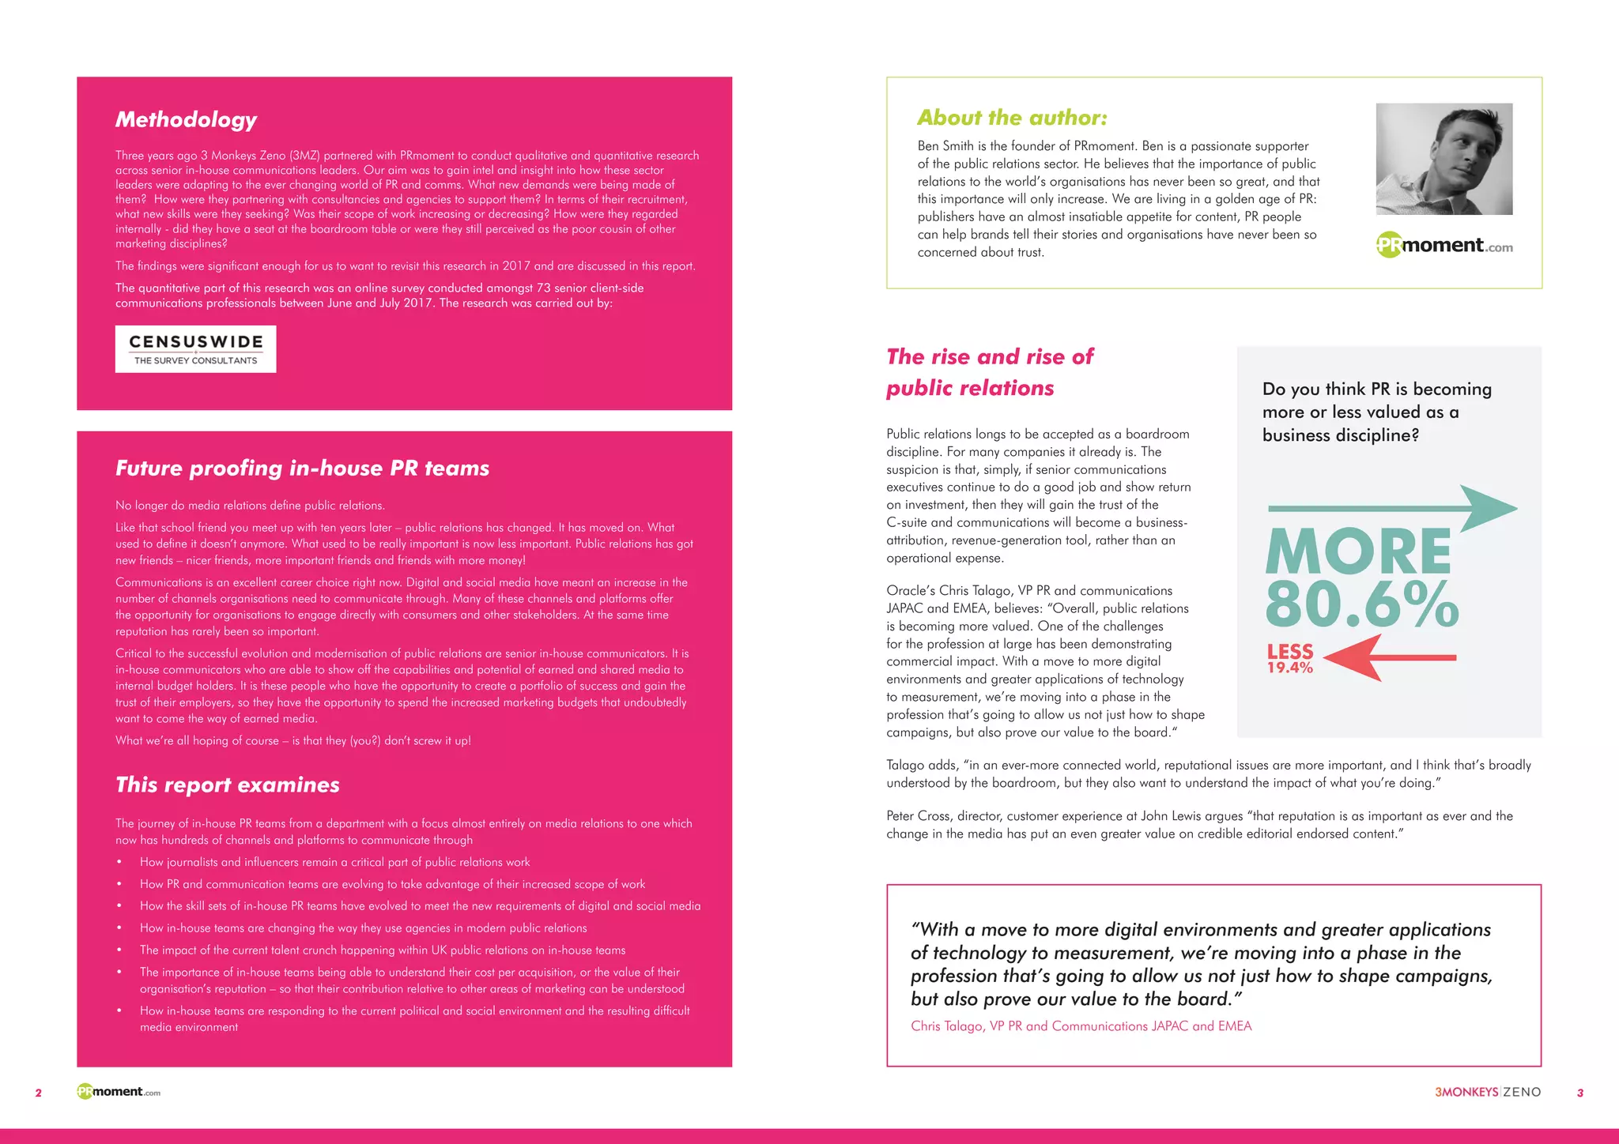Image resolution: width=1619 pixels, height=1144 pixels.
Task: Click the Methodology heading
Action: [186, 119]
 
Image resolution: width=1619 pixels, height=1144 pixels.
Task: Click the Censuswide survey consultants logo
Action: [195, 349]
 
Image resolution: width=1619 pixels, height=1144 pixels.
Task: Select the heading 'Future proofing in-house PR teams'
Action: [302, 469]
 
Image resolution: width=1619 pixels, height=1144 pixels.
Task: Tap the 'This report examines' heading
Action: [227, 785]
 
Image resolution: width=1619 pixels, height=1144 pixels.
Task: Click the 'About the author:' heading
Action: [1012, 118]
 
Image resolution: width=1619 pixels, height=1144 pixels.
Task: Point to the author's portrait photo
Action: [1444, 159]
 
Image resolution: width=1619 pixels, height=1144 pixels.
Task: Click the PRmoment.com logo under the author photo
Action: [1444, 246]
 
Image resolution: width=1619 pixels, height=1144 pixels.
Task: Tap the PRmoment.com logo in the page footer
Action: [119, 1092]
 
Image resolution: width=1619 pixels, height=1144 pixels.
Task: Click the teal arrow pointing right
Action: [1391, 508]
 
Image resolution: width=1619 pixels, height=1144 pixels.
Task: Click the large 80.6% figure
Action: [1361, 604]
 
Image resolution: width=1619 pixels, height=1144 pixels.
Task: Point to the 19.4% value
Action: [1289, 668]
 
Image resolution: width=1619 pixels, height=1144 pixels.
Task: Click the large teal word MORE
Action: [1358, 551]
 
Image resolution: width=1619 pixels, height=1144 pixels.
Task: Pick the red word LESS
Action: [1289, 651]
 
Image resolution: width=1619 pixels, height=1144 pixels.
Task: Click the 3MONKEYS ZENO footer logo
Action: [1487, 1092]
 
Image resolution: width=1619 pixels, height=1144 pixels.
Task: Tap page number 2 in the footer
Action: [38, 1093]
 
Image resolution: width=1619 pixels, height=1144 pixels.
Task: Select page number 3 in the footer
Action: [1579, 1093]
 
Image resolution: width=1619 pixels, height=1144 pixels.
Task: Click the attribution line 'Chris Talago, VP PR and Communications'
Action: [1081, 1025]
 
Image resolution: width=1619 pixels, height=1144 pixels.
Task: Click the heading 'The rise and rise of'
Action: [990, 357]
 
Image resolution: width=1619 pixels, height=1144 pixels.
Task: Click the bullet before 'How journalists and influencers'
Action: [119, 862]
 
